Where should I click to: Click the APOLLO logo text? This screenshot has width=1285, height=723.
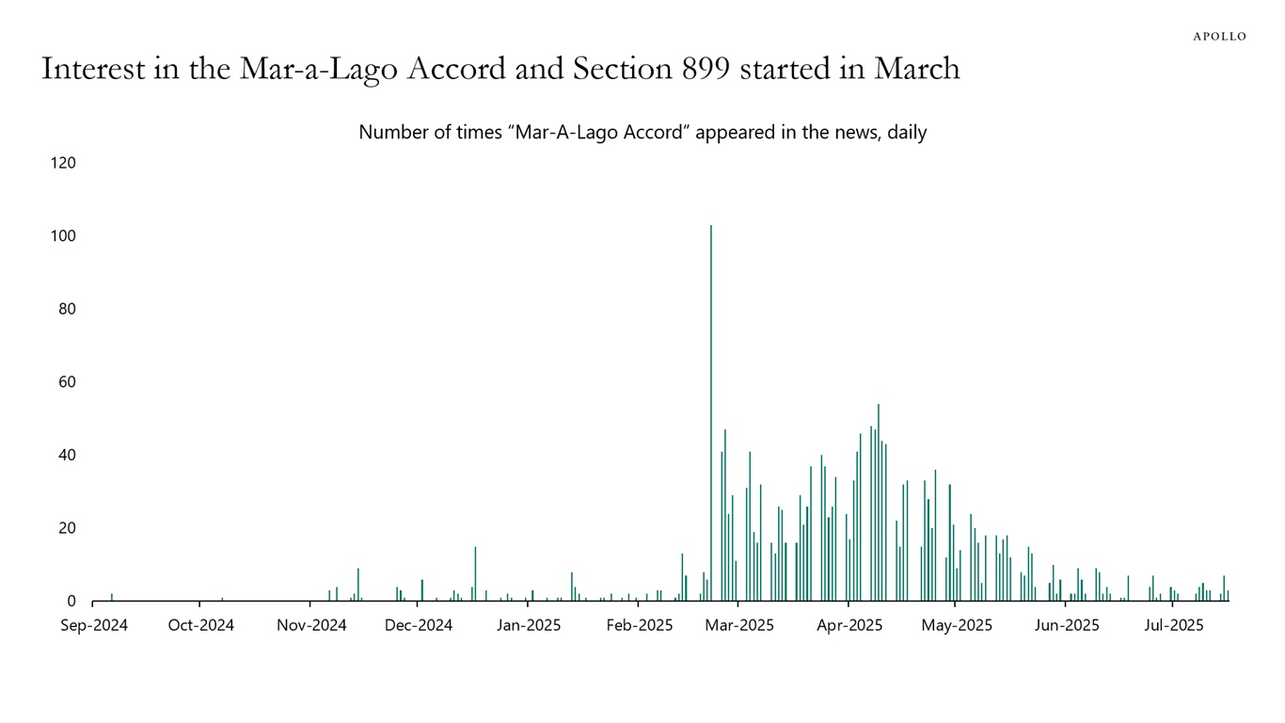coord(1219,37)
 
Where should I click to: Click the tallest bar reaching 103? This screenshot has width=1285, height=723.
coord(711,414)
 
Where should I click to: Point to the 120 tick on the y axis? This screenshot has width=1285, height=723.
coord(63,163)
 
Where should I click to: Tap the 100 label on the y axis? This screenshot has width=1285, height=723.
coord(63,235)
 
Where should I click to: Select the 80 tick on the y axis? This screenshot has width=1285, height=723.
coord(64,309)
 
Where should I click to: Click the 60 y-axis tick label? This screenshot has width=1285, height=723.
coord(64,382)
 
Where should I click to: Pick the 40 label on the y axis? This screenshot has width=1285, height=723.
coord(64,455)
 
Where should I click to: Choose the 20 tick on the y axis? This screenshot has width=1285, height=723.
coord(64,528)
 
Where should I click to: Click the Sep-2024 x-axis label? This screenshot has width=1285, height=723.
coord(94,626)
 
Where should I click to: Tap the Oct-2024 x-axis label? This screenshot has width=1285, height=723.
coord(200,626)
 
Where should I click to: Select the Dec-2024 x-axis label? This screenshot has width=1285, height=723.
coord(419,626)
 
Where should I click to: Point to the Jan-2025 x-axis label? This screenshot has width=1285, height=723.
coord(528,626)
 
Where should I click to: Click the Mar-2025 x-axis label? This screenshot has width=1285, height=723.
coord(739,626)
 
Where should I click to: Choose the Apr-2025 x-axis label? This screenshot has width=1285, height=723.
coord(849,626)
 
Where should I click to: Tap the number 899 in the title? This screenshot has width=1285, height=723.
coord(702,69)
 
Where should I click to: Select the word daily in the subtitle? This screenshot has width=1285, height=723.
coord(907,133)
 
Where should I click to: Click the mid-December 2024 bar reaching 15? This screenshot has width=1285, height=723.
coord(475,574)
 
